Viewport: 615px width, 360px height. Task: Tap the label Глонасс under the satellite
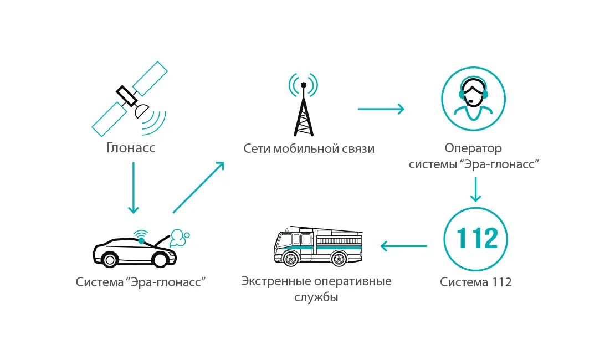pos(131,148)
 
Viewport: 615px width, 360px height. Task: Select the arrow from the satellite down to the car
pos(133,188)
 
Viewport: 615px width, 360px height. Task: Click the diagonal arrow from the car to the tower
pos(198,188)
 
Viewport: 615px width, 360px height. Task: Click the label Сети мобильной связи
pos(309,149)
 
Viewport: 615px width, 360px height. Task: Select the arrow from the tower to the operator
pos(381,109)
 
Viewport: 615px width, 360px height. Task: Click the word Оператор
pos(473,148)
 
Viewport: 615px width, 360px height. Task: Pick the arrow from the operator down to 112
pos(475,191)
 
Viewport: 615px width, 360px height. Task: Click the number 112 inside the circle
pos(476,239)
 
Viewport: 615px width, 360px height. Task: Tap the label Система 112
pos(476,282)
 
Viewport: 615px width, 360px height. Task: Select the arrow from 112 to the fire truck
pos(403,246)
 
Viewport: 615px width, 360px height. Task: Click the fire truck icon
pos(319,245)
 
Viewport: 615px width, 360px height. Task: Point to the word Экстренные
pos(269,281)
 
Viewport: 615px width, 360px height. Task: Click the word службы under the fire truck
pos(316,297)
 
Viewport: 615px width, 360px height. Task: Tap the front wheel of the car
pos(161,259)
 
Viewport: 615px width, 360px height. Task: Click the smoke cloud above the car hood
pos(179,238)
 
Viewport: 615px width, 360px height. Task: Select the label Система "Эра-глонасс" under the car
pos(141,282)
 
